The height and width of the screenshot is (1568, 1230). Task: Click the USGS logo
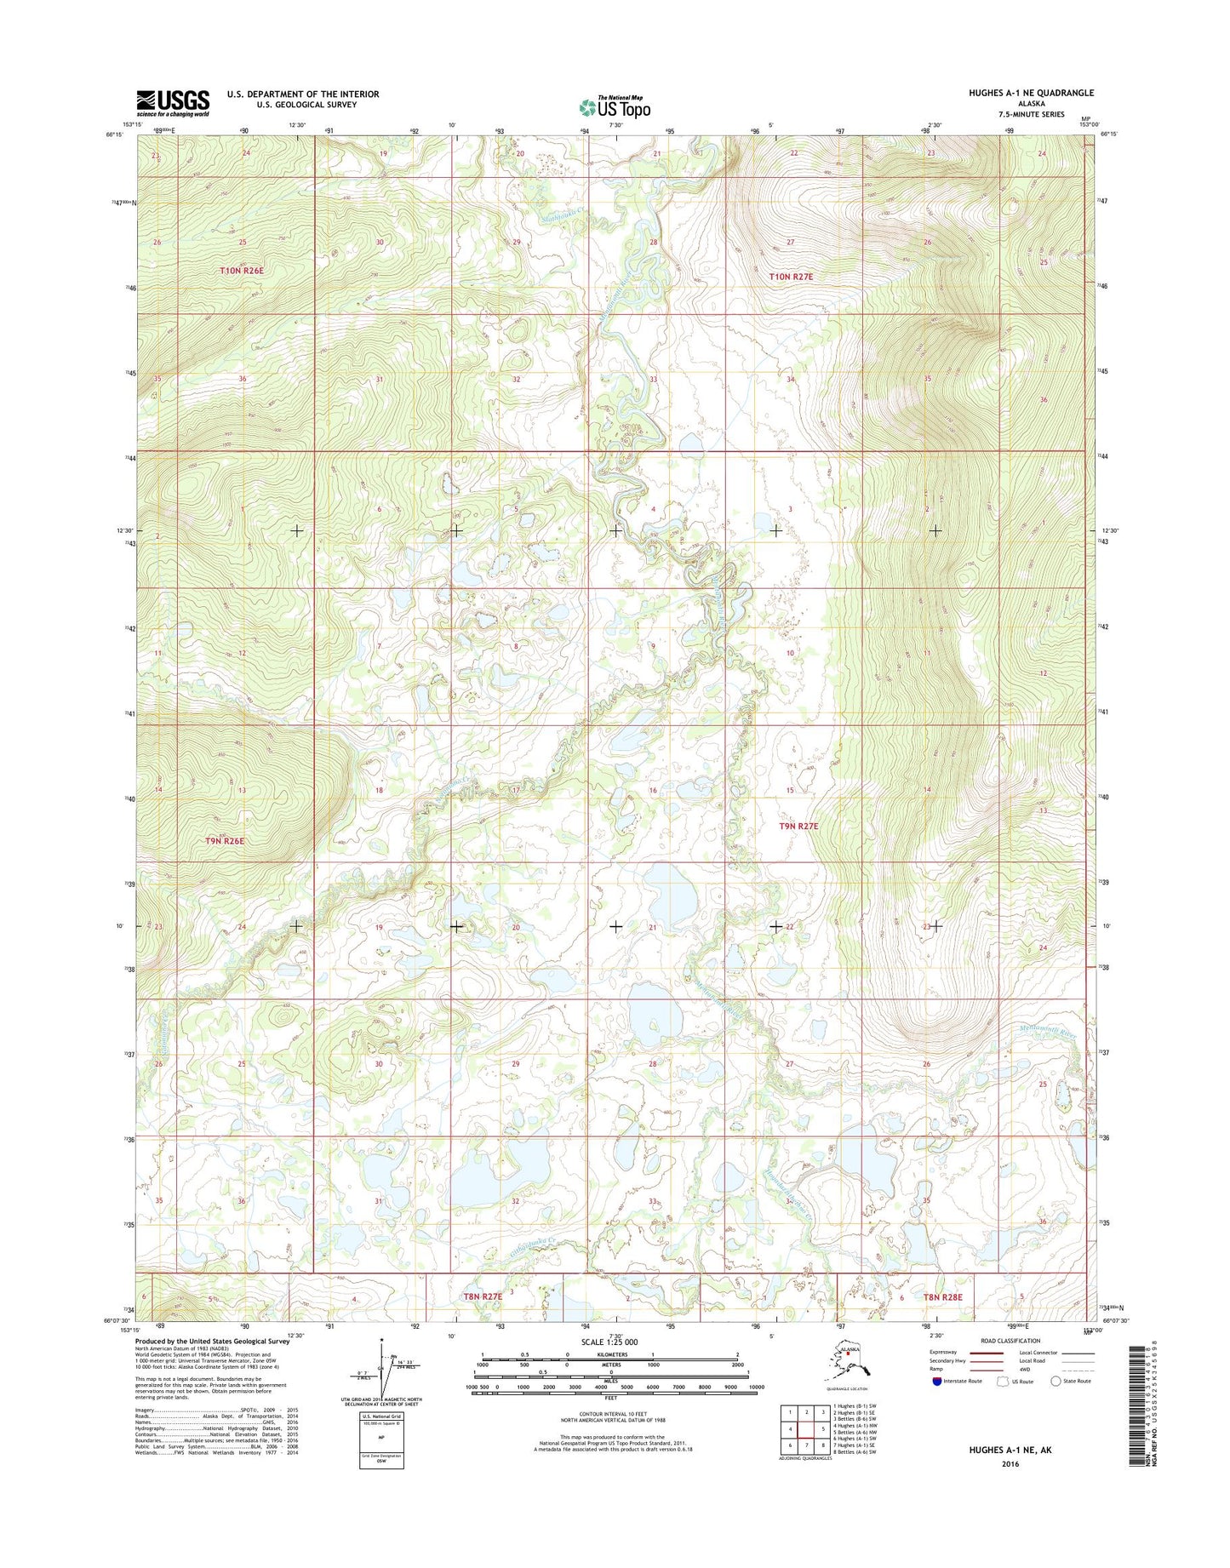173,103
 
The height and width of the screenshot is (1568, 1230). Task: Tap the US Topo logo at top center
615,106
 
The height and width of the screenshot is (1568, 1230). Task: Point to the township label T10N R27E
791,277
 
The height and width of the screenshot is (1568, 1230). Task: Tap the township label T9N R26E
225,841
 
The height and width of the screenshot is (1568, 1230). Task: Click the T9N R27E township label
798,827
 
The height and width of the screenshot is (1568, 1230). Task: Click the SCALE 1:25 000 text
609,1342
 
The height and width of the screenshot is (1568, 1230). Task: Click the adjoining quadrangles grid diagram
806,1429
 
